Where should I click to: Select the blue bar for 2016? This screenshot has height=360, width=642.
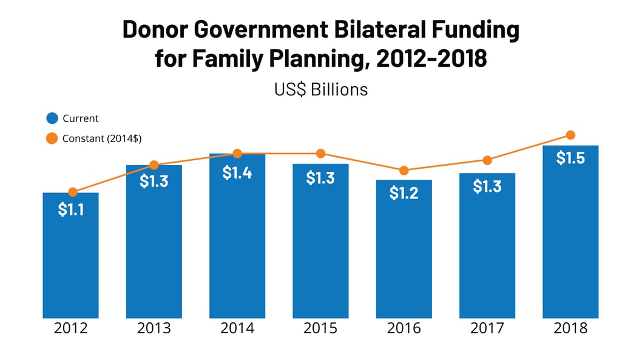point(404,255)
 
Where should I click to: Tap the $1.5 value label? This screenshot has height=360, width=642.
point(570,158)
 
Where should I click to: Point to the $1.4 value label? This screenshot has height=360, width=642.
point(237,173)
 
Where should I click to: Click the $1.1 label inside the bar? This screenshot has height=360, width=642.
point(70,209)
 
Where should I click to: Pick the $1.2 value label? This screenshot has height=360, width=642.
point(404,193)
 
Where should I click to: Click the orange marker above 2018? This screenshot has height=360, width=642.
point(570,135)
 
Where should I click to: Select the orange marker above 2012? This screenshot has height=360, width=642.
point(73,192)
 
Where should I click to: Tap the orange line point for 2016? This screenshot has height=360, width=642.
point(404,171)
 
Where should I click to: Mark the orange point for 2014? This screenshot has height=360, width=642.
point(237,154)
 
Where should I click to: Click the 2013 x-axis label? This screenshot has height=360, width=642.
point(154,328)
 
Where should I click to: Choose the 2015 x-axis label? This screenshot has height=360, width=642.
point(320,328)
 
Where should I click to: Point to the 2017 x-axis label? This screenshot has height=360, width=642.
point(487,328)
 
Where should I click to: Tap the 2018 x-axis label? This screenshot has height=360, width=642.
point(570,328)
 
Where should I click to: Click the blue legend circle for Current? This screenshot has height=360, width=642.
point(52,118)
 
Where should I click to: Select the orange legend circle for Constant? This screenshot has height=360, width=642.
point(52,138)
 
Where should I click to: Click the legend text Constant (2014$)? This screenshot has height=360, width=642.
point(102,138)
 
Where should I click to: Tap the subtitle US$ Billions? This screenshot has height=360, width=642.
point(321,89)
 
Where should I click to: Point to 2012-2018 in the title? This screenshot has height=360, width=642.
point(431,59)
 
